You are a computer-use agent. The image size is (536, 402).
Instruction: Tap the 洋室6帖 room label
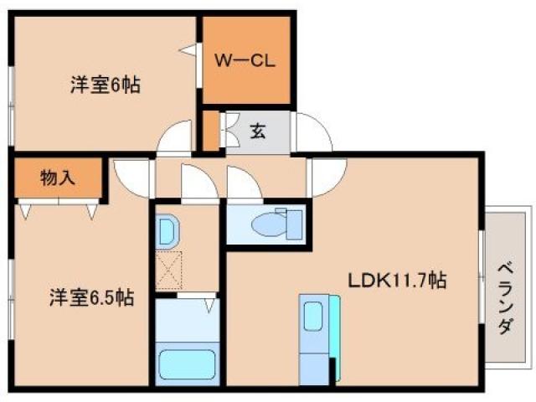click(105, 84)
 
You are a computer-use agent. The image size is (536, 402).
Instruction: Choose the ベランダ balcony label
click(506, 297)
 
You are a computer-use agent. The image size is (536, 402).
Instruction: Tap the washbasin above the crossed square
click(167, 230)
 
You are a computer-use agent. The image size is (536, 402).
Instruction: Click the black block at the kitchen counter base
click(333, 369)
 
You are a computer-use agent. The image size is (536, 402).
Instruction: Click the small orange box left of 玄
click(209, 131)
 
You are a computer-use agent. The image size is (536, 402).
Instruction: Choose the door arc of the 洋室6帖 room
click(174, 137)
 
